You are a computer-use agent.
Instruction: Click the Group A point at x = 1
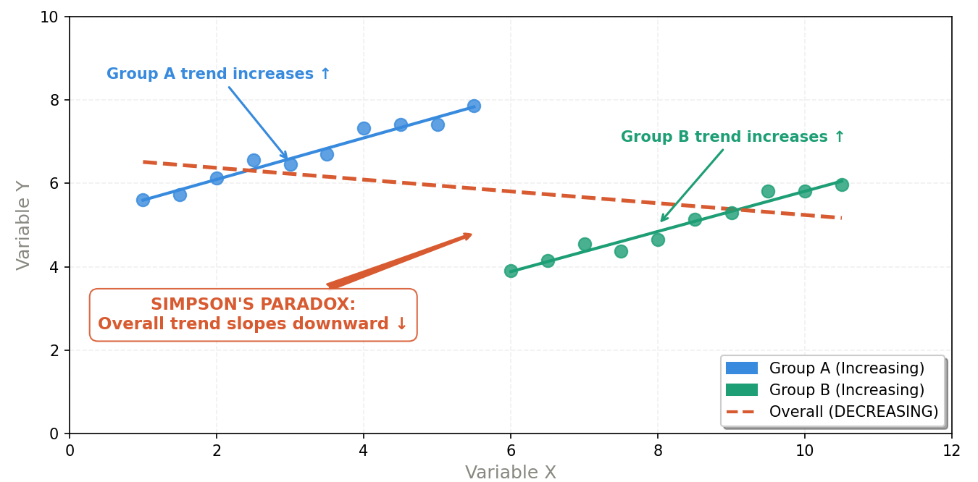click(143, 200)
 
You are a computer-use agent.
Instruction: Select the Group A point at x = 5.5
click(474, 106)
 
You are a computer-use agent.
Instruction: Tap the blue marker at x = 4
click(364, 128)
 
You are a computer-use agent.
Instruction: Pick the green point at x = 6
click(511, 271)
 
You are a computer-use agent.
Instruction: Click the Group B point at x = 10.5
click(841, 185)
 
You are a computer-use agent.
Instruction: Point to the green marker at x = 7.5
click(621, 251)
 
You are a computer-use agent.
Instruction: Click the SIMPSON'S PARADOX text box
click(253, 315)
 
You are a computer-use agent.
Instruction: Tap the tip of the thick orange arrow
click(472, 234)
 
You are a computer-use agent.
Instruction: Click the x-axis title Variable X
click(510, 473)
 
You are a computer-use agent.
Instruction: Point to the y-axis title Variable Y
click(24, 225)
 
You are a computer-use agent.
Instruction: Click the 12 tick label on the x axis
click(951, 451)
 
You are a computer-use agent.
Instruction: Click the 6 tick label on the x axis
click(511, 451)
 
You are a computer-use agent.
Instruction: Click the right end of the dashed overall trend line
click(840, 218)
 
